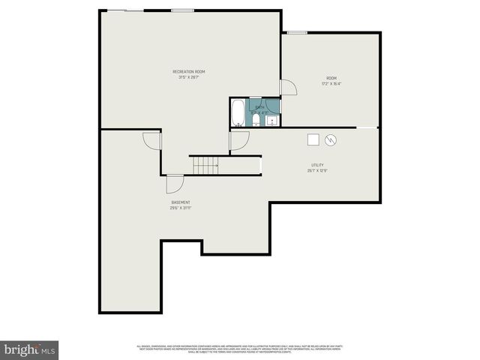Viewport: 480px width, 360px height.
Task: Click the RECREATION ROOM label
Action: click(x=188, y=71)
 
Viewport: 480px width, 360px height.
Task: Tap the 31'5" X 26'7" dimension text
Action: click(x=188, y=77)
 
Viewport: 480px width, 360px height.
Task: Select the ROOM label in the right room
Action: click(x=331, y=78)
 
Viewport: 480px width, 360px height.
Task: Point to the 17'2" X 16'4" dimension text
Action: click(x=331, y=84)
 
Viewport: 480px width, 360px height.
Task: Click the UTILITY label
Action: click(x=317, y=165)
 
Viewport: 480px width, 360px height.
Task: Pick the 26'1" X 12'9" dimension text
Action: click(x=317, y=171)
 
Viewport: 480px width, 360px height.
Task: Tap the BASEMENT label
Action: click(x=181, y=202)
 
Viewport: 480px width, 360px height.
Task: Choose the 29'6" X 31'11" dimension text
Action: click(x=181, y=208)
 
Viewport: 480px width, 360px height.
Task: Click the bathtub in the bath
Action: click(x=238, y=113)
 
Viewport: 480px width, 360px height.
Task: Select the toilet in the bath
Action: click(x=256, y=120)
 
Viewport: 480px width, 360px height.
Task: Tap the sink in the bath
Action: click(x=271, y=119)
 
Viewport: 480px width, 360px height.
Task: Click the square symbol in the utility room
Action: click(x=313, y=139)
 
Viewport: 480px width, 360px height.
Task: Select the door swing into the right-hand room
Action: click(x=288, y=87)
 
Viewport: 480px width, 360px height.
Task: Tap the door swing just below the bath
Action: click(x=239, y=140)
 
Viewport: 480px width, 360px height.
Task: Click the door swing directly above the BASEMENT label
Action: click(x=174, y=184)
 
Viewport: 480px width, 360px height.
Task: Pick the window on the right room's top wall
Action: click(x=297, y=32)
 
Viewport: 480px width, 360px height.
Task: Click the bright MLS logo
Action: click(x=29, y=349)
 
